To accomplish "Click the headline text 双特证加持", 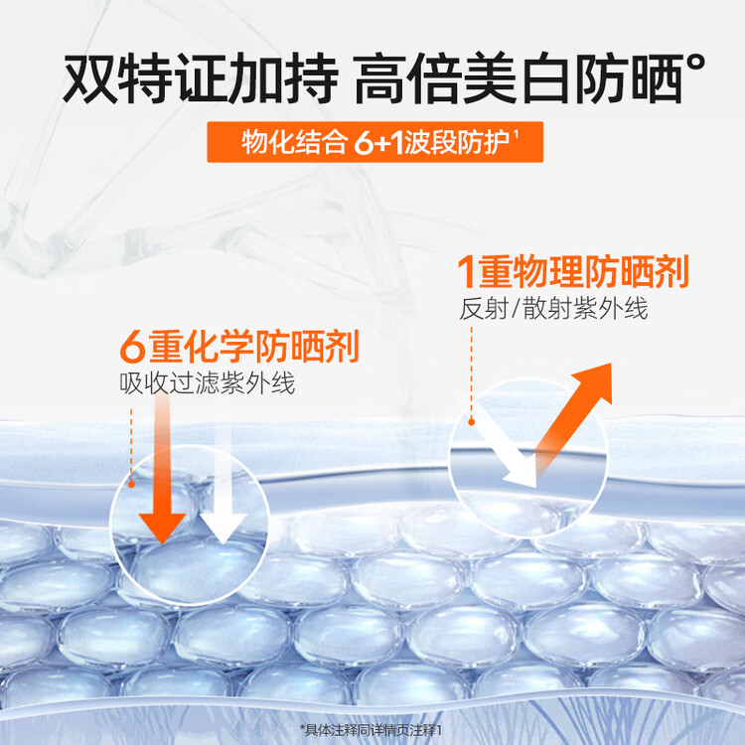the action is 200,78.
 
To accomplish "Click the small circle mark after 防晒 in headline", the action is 695,64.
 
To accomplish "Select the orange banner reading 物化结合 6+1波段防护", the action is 374,142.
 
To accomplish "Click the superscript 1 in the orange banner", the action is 516,134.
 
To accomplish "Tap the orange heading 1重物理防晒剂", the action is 573,271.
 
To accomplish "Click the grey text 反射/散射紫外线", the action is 553,309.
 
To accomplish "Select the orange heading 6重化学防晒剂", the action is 239,347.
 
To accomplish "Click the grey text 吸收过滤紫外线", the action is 208,383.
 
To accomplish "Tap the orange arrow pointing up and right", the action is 573,419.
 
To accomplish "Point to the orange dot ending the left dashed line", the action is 131,484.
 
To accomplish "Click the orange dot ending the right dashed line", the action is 471,421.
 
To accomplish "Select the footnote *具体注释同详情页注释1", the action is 372,729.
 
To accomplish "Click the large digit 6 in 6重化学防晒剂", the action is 132,348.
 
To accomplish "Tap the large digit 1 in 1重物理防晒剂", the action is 466,272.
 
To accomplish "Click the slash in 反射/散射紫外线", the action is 515,309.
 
